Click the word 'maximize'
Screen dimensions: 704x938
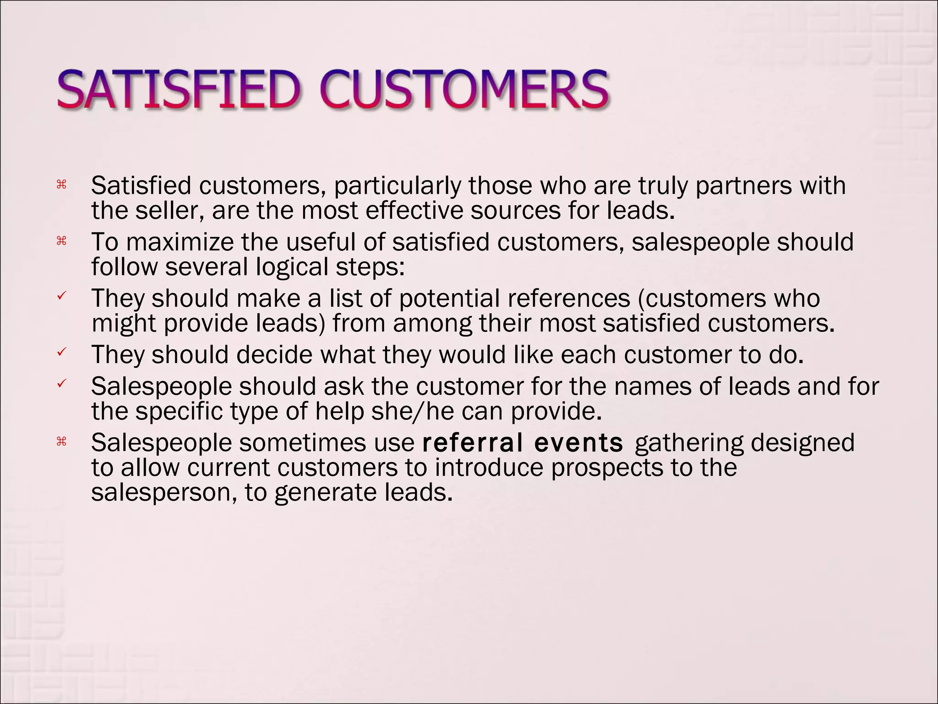pos(180,242)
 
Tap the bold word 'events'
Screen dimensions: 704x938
pos(578,443)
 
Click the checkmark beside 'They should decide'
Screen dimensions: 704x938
pos(61,352)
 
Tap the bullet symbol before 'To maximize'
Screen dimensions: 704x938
pos(61,241)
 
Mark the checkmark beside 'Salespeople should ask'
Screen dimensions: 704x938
pos(61,384)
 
